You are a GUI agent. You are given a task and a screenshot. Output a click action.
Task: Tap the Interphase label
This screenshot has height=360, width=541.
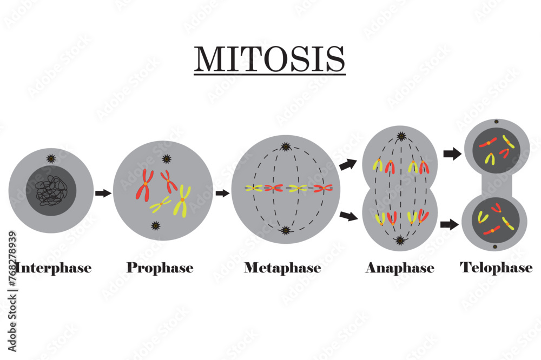pyautogui.click(x=53, y=268)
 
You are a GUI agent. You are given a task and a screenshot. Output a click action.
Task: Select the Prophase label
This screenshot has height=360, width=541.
pyautogui.click(x=160, y=268)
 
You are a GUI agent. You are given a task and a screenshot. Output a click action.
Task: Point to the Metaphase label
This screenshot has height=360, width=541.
pyautogui.click(x=282, y=268)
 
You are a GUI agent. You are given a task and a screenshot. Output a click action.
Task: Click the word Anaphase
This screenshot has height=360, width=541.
pyautogui.click(x=400, y=268)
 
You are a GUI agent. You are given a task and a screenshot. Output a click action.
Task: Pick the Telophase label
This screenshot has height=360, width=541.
pyautogui.click(x=496, y=268)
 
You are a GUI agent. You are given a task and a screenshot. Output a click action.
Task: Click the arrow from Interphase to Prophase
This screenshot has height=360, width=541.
pyautogui.click(x=103, y=193)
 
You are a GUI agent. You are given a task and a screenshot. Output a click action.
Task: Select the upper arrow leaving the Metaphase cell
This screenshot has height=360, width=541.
pyautogui.click(x=348, y=165)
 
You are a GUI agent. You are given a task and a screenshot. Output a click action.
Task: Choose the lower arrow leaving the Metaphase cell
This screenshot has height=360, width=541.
pyautogui.click(x=348, y=217)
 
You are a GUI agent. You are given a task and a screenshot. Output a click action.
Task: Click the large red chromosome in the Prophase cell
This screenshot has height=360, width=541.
pyautogui.click(x=144, y=184)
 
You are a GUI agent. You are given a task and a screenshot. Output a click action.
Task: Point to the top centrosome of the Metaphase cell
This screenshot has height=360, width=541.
pyautogui.click(x=285, y=146)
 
